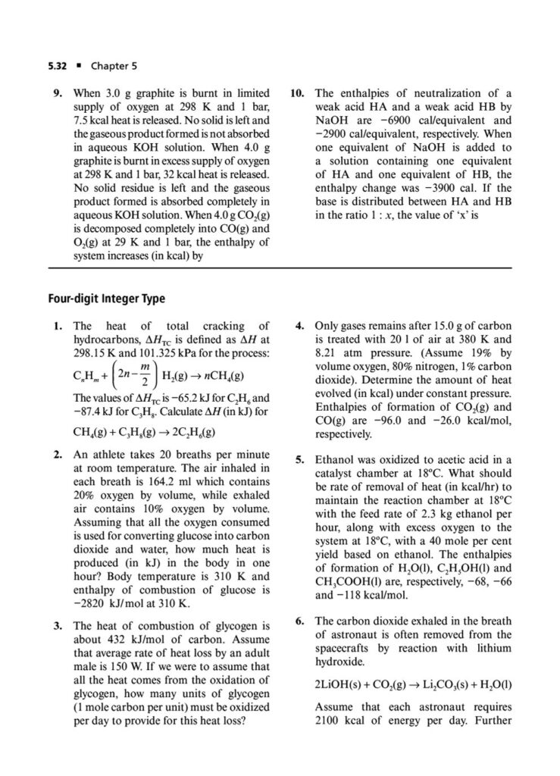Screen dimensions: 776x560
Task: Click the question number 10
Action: [298, 92]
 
